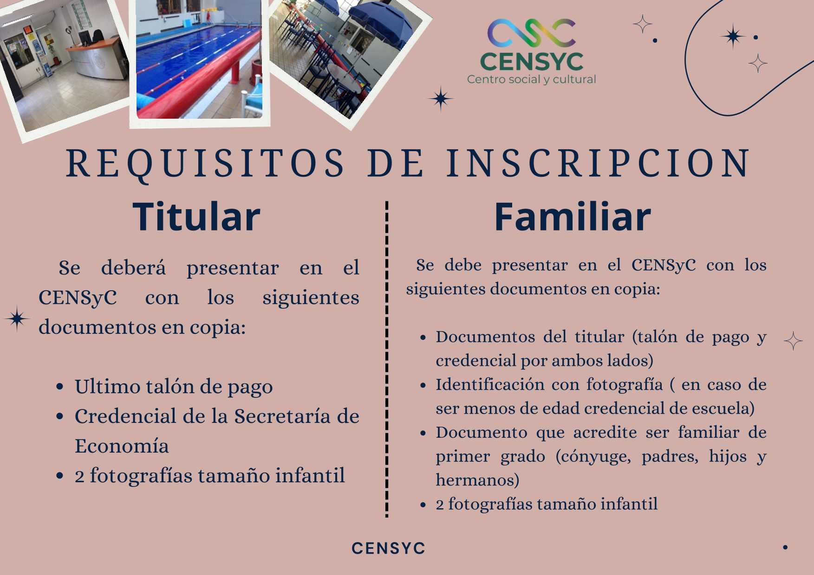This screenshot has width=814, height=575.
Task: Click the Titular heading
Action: pos(196,217)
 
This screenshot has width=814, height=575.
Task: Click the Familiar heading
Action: pos(573,217)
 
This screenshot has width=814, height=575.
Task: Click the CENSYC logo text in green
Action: pos(532,62)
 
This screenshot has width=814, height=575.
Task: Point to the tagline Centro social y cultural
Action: pos(532,80)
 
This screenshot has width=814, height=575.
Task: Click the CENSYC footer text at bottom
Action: pos(388,548)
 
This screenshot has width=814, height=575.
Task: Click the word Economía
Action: pos(122,446)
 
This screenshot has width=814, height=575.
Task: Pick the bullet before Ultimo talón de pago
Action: pos(59,387)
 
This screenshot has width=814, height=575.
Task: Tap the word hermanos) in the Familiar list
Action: pos(477,480)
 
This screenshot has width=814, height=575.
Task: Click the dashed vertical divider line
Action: pos(387,359)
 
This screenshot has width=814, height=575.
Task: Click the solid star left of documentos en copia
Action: pos(17,319)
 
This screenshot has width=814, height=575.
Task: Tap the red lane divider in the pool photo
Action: pos(200,79)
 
